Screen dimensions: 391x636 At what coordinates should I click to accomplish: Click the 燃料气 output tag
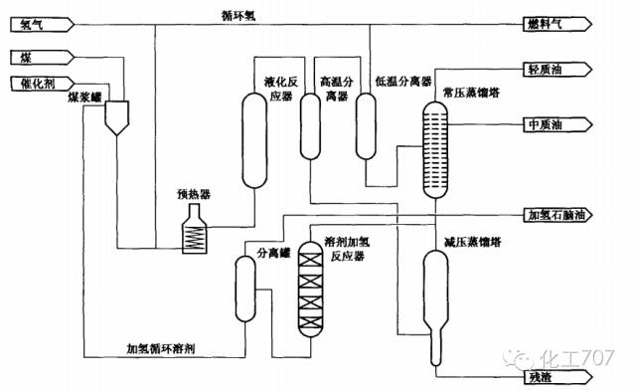(557, 26)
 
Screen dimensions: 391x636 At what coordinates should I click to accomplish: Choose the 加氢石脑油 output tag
(557, 213)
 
